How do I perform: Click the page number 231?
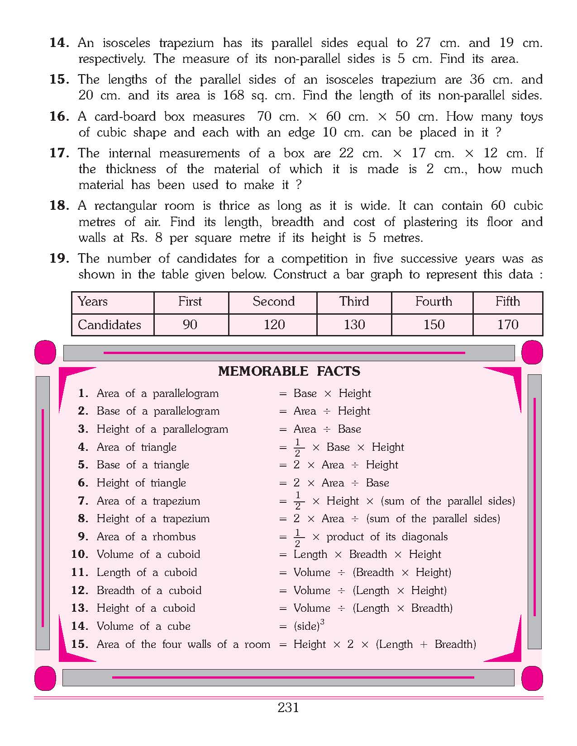pos(288,708)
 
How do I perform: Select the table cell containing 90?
pos(190,325)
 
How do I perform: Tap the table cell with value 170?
pos(507,325)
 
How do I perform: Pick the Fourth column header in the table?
pos(433,302)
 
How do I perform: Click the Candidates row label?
pos(109,325)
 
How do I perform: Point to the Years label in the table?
pos(92,302)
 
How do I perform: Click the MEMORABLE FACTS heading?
pos(289,371)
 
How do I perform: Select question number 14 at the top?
pos(59,43)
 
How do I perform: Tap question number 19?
pos(59,259)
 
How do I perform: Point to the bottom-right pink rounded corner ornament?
pos(532,678)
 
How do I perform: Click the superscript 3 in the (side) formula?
pos(322,622)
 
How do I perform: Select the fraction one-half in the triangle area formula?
pos(298,448)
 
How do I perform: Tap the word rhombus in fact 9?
pos(174,537)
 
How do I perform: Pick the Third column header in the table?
pos(354,302)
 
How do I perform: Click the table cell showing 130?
pos(354,325)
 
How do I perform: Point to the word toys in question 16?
pos(531,117)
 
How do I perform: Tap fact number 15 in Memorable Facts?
pos(79,644)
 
